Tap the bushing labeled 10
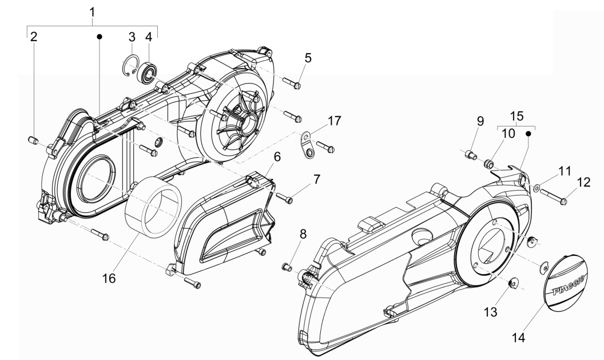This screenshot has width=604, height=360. click(489, 165)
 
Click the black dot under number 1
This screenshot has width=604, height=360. click(100, 37)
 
